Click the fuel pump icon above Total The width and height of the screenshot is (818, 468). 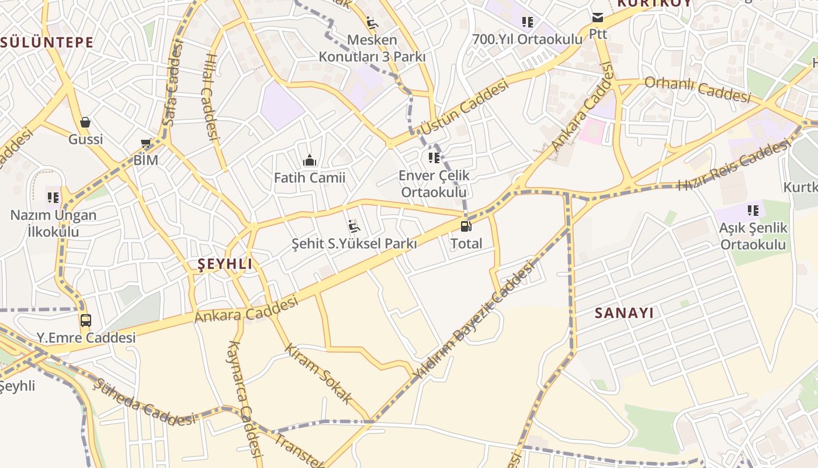465,226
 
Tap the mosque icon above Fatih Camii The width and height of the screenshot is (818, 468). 310,160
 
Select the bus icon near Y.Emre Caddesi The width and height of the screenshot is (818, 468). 86,320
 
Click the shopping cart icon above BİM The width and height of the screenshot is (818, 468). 146,143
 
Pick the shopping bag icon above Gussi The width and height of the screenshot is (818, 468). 85,122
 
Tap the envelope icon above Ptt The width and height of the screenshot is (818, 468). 598,17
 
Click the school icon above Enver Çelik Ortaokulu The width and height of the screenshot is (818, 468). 434,157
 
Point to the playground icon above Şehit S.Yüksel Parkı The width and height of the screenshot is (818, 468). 354,226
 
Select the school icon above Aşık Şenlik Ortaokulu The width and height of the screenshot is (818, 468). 753,210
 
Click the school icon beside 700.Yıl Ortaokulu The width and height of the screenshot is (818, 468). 528,22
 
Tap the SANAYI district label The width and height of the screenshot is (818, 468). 624,313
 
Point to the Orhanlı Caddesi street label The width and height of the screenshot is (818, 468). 697,90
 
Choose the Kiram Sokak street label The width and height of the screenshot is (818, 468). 318,373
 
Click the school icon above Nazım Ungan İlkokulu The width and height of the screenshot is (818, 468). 53,197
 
